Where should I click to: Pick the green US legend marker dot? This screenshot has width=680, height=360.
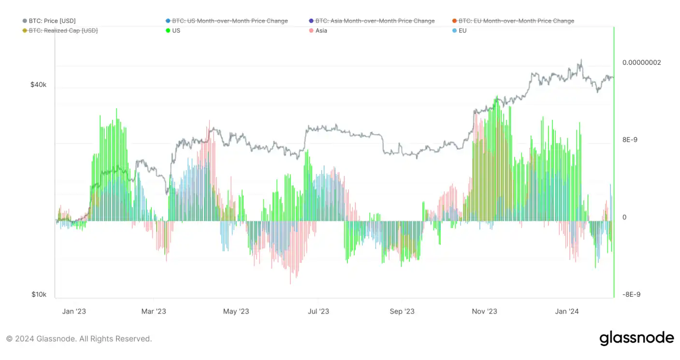pyautogui.click(x=168, y=30)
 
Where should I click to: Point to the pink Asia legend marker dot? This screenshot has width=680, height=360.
pyautogui.click(x=311, y=30)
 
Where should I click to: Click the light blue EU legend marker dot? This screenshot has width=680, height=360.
pyautogui.click(x=454, y=30)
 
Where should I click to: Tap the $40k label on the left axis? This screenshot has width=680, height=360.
pyautogui.click(x=39, y=85)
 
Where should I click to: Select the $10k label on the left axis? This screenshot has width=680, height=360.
pyautogui.click(x=39, y=294)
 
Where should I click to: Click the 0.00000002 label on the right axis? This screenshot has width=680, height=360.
pyautogui.click(x=641, y=62)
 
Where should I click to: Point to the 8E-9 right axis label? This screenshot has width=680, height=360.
pyautogui.click(x=630, y=140)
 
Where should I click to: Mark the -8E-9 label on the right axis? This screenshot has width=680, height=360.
pyautogui.click(x=631, y=294)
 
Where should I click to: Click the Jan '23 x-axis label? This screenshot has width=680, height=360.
pyautogui.click(x=74, y=311)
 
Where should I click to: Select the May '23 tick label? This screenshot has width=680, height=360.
pyautogui.click(x=236, y=311)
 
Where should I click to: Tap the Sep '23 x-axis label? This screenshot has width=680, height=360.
pyautogui.click(x=402, y=311)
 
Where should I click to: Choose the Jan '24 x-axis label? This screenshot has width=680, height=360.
pyautogui.click(x=567, y=311)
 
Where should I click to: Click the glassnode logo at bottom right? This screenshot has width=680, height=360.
pyautogui.click(x=637, y=338)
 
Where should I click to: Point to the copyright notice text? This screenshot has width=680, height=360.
pyautogui.click(x=79, y=339)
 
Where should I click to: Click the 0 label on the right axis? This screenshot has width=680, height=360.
pyautogui.click(x=624, y=217)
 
